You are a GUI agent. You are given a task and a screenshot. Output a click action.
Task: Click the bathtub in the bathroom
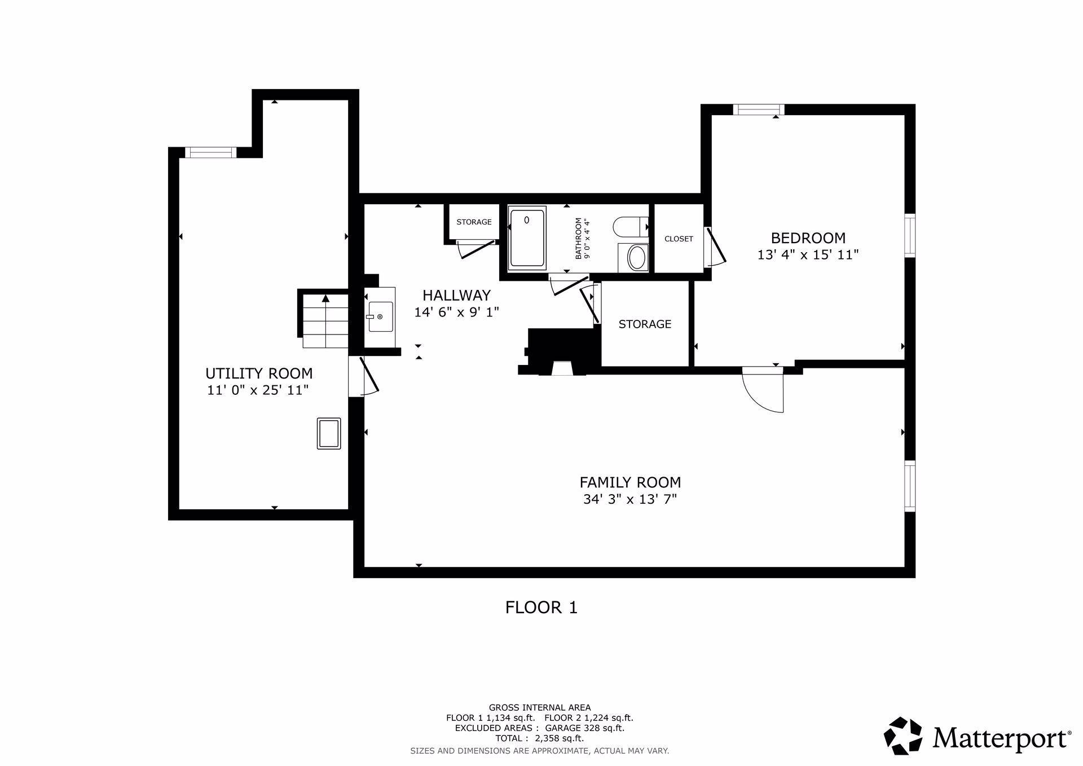click(x=527, y=237)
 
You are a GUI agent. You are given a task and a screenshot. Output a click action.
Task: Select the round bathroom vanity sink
click(x=637, y=257)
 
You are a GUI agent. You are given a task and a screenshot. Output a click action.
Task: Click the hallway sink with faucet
click(x=380, y=317)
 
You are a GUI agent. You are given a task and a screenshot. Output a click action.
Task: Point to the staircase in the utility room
click(x=325, y=320)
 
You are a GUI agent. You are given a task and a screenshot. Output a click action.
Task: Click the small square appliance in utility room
click(x=329, y=433)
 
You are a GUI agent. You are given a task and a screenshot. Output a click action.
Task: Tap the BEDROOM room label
click(x=808, y=237)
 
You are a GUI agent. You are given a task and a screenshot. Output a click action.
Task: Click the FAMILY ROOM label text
click(x=630, y=482)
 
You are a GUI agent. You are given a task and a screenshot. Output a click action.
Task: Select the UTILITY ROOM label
click(x=259, y=373)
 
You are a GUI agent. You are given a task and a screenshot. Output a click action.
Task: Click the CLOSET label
click(x=679, y=239)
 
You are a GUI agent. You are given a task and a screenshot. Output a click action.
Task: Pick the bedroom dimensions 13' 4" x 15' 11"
click(x=808, y=254)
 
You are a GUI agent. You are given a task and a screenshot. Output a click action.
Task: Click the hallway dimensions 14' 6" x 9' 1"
click(x=457, y=312)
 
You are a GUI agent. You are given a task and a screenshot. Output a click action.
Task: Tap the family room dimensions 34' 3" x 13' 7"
click(x=630, y=499)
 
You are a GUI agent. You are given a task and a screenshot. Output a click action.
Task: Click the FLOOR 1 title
click(x=541, y=607)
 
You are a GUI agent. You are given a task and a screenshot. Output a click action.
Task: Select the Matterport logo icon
click(x=902, y=736)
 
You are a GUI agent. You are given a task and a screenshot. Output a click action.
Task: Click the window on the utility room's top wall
click(x=210, y=152)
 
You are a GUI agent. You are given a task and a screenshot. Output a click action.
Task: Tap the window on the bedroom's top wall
click(x=759, y=109)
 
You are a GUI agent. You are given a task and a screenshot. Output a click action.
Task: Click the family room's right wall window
click(x=910, y=486)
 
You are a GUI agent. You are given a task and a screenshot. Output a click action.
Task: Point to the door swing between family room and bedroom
click(x=763, y=390)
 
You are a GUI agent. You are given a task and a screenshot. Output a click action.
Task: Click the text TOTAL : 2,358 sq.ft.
click(x=540, y=738)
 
